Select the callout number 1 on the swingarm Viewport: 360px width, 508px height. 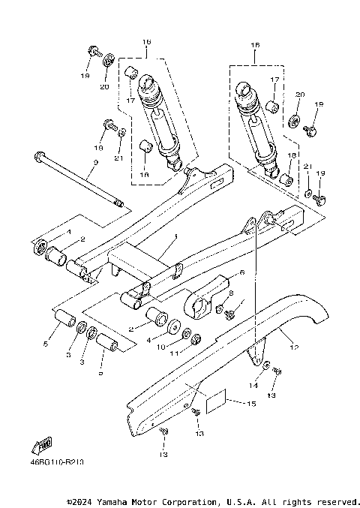(174, 236)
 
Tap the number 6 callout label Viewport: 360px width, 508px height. (242, 272)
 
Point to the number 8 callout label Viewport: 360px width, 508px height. (231, 293)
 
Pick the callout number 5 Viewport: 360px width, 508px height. (46, 344)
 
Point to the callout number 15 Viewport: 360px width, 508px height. (251, 404)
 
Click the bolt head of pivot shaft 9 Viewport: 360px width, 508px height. (37, 158)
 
